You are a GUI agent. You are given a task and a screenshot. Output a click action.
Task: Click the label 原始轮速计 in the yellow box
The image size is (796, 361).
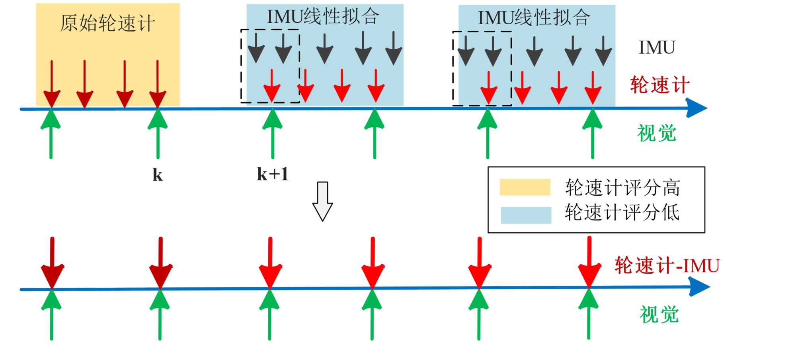click(x=107, y=23)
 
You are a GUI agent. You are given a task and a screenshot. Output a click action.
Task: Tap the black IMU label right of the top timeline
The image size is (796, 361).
click(x=657, y=48)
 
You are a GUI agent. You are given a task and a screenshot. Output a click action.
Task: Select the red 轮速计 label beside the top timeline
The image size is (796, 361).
click(x=660, y=85)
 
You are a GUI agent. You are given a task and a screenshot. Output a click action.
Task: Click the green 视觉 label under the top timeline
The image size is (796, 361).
click(x=657, y=133)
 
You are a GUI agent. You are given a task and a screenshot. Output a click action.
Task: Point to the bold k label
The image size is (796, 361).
click(x=158, y=175)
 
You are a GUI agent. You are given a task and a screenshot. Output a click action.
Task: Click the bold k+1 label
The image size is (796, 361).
click(x=273, y=174)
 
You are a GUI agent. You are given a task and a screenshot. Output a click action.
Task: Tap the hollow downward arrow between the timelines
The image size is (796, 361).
click(x=322, y=201)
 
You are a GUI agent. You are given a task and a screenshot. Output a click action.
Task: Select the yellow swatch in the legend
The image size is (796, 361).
click(x=525, y=187)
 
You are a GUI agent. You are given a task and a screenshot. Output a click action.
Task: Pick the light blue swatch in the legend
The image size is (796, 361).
click(x=526, y=215)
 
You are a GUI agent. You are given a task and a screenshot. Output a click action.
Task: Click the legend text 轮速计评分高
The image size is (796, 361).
click(x=622, y=187)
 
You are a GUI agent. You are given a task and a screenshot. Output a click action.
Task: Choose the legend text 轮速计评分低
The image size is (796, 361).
click(x=622, y=212)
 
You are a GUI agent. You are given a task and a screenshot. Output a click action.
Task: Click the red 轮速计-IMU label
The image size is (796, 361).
click(x=667, y=265)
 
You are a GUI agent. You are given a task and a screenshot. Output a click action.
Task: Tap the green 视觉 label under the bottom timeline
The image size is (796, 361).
click(x=659, y=315)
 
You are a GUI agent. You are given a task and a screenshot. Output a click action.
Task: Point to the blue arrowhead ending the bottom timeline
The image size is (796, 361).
click(x=699, y=287)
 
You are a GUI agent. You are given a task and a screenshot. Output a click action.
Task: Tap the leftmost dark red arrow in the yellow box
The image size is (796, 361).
click(x=52, y=84)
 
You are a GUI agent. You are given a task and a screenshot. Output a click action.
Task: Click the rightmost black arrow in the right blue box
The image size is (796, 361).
click(x=603, y=51)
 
